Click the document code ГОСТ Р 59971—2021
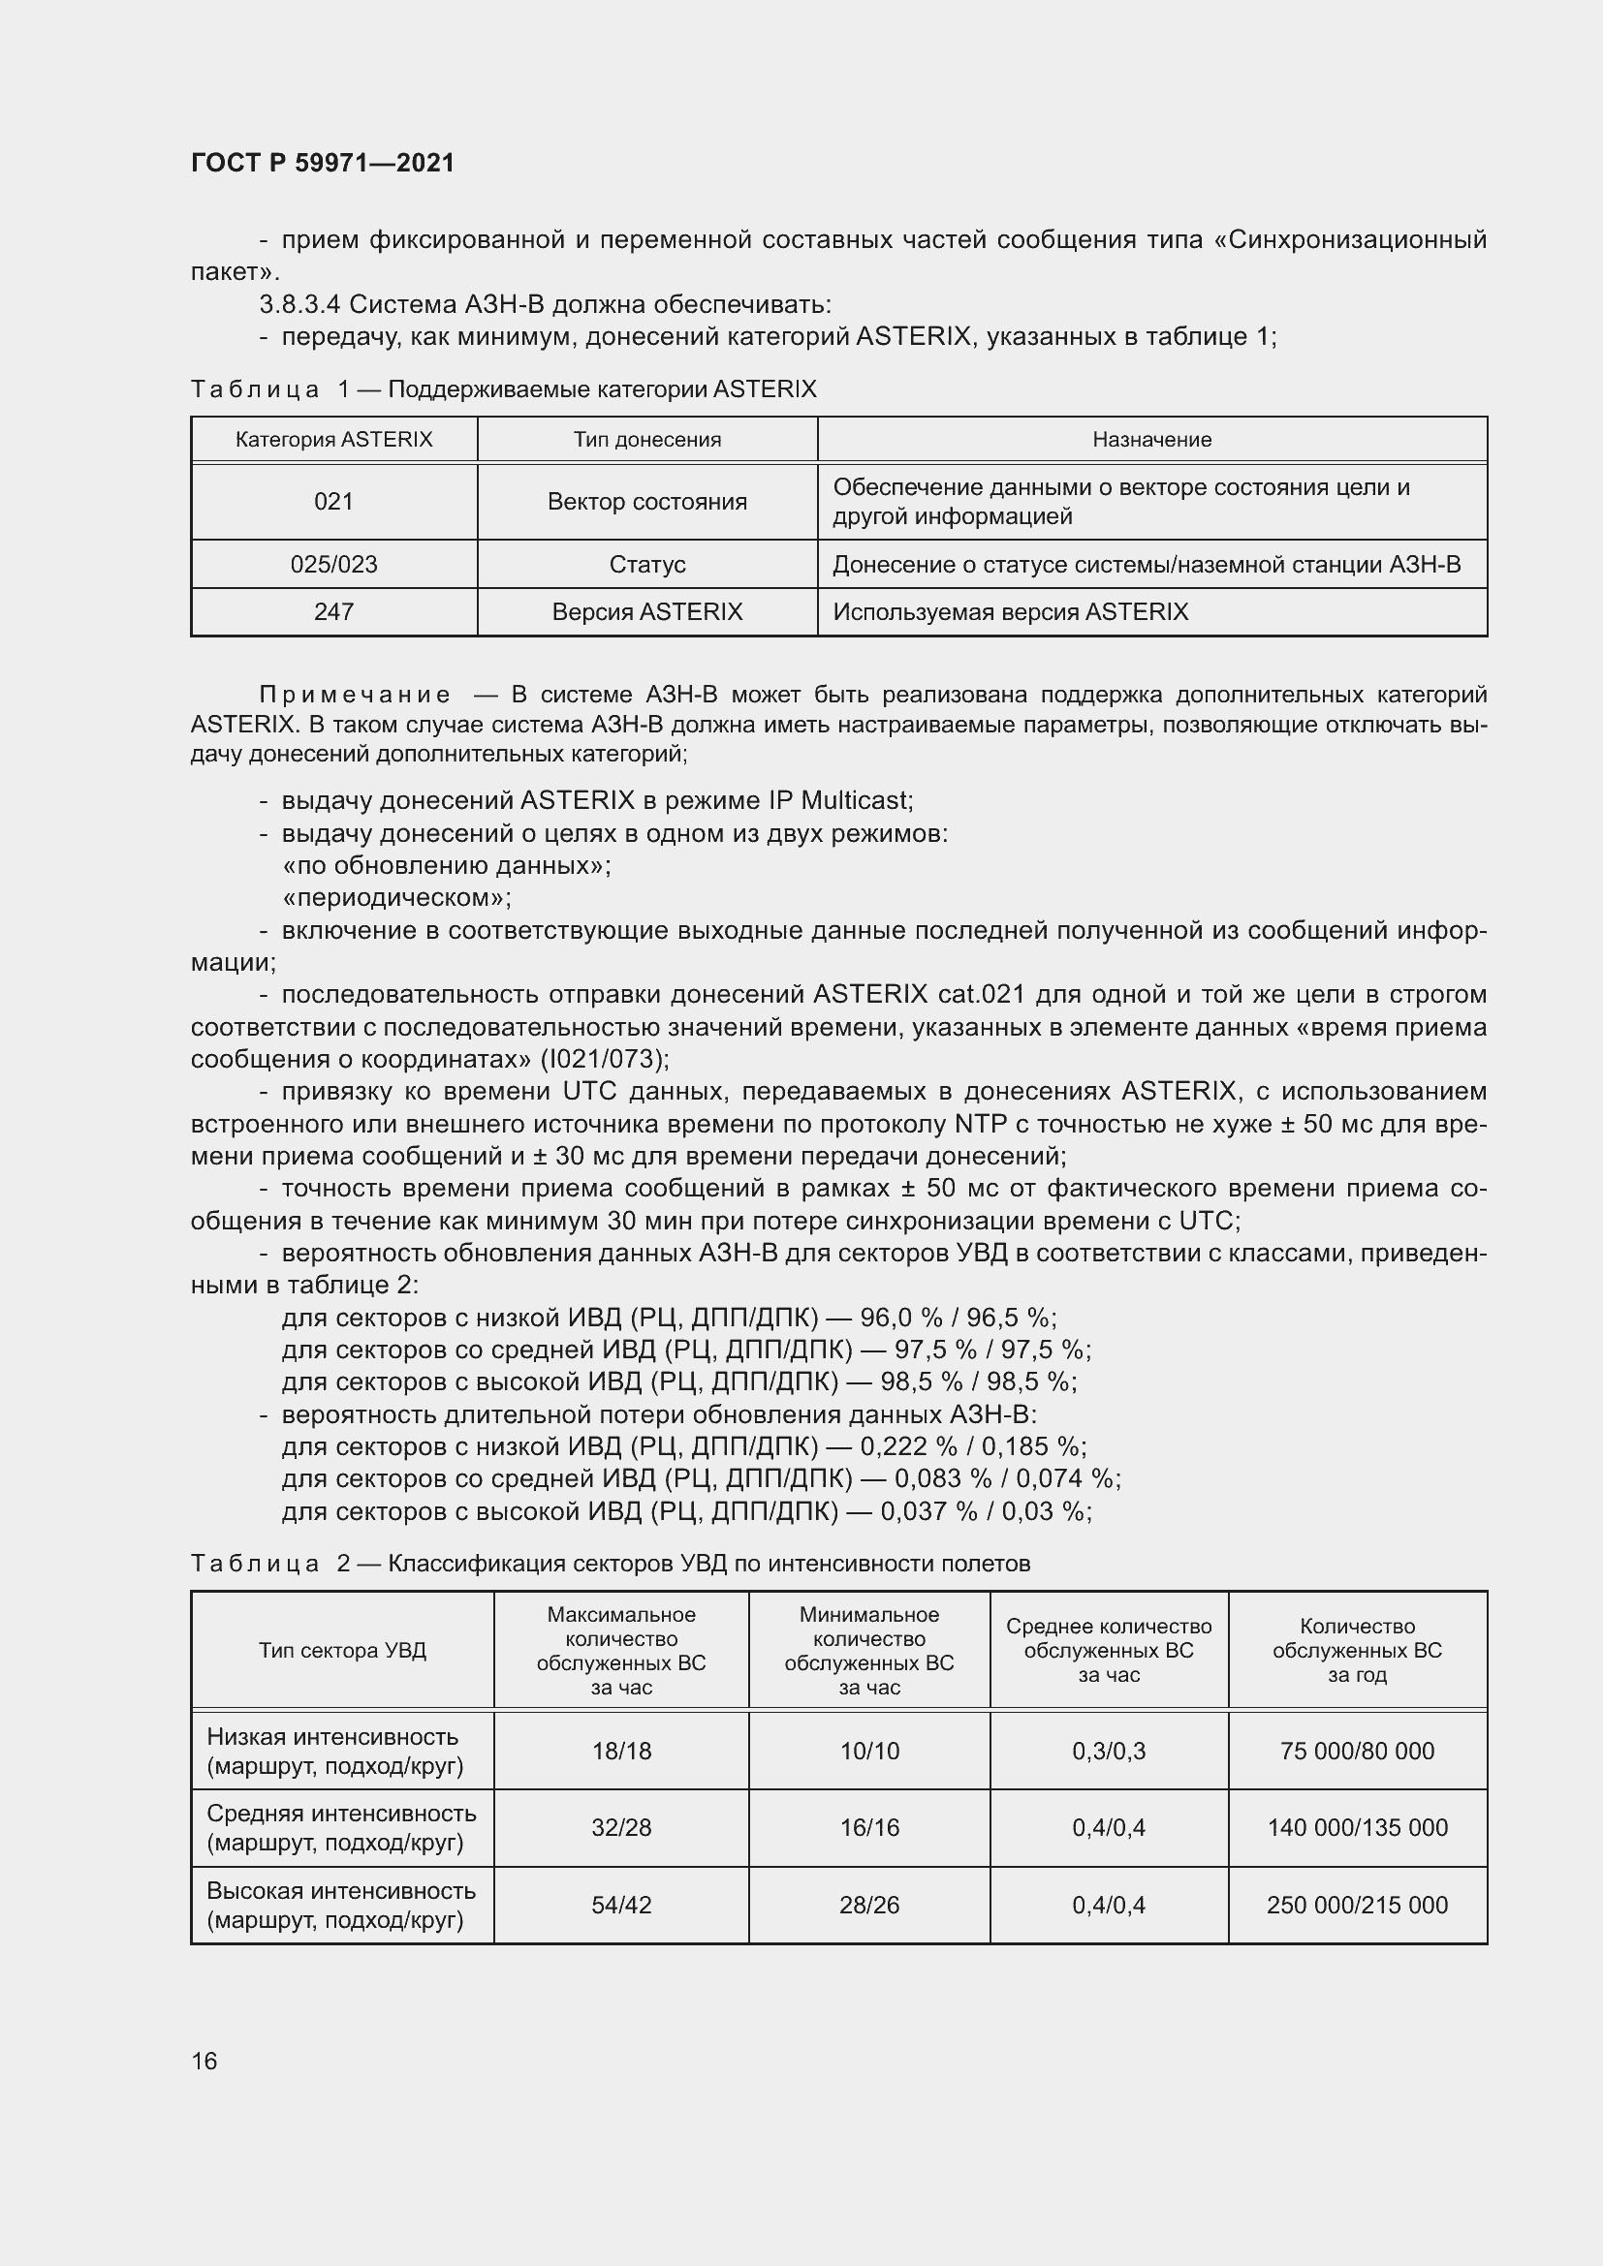(323, 163)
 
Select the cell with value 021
(333, 502)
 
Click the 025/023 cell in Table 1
(333, 565)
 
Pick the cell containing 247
(333, 612)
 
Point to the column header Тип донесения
(646, 440)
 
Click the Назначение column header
(1151, 440)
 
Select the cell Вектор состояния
(646, 502)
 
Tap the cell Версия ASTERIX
(646, 612)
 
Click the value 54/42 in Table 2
(621, 1905)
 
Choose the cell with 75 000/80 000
(1356, 1751)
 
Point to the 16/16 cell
(868, 1828)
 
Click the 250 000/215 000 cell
(1356, 1905)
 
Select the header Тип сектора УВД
(342, 1651)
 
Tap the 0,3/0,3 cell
(1109, 1751)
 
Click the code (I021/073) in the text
(604, 1059)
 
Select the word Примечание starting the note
(355, 696)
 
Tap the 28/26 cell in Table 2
(868, 1905)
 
